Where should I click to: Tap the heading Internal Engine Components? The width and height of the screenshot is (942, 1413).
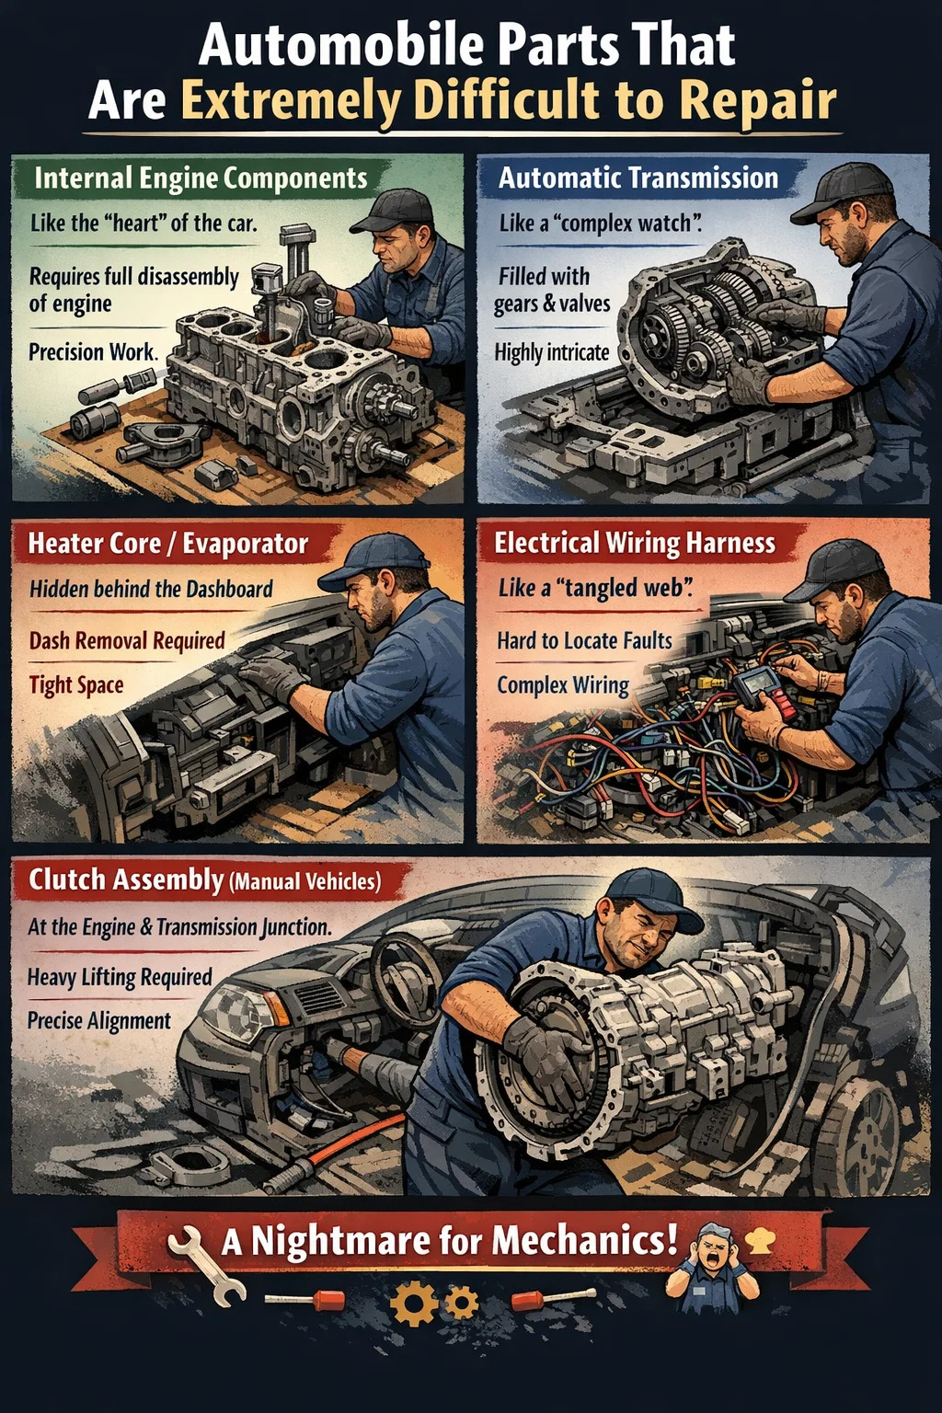[201, 178]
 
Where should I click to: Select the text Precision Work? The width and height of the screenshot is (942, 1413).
[94, 351]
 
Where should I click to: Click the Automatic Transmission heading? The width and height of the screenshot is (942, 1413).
[638, 178]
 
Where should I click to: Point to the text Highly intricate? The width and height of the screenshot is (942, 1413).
[552, 352]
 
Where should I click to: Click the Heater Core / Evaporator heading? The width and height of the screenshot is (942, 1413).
[167, 544]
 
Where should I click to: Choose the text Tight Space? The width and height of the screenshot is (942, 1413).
[76, 685]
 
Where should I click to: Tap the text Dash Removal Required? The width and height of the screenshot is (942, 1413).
[127, 641]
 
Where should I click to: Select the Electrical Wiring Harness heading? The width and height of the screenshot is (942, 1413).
[634, 543]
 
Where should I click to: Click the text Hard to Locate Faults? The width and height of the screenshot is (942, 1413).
[584, 641]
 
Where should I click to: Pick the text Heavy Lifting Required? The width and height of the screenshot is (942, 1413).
[120, 977]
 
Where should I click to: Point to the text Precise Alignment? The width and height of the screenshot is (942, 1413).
[99, 1020]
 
